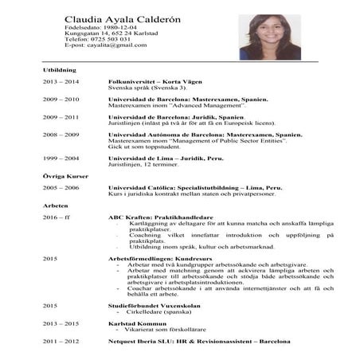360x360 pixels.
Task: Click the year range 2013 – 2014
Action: click(61, 82)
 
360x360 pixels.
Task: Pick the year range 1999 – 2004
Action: click(61, 158)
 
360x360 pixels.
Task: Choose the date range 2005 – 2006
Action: click(61, 187)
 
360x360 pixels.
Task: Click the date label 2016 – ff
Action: click(57, 217)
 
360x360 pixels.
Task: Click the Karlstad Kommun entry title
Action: click(137, 323)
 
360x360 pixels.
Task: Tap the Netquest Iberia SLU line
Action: click(199, 341)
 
